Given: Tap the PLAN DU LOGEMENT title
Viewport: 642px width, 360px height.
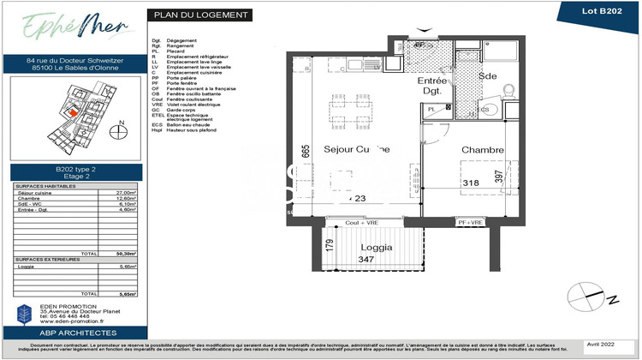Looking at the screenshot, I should coord(201,15).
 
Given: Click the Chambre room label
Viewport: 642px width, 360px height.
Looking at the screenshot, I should coord(483,150).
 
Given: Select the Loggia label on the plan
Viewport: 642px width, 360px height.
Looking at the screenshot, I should coord(376,247).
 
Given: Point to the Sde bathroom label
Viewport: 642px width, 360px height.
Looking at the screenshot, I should coord(487,75).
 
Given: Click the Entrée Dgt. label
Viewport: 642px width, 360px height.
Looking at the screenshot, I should coord(432,85).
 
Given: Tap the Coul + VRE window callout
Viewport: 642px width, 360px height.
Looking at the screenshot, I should coord(362,223).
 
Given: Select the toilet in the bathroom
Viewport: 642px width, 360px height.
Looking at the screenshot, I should coord(506,88).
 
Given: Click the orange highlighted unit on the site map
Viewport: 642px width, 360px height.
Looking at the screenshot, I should coord(73,111).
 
